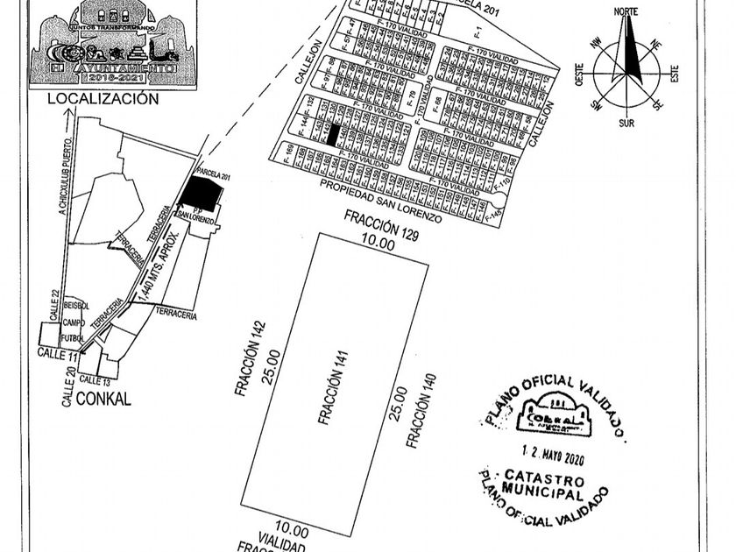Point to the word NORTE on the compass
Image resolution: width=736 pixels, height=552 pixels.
(x=626, y=11)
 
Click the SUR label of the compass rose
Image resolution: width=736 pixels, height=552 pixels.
(x=626, y=124)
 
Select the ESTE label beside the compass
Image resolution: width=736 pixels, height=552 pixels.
(x=674, y=71)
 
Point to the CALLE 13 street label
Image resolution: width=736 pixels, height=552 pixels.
(x=96, y=380)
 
